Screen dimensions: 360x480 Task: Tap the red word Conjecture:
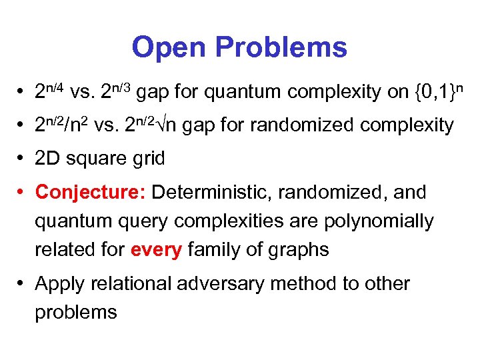tap(91, 193)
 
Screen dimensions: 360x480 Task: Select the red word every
tap(157, 250)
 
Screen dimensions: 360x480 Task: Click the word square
tap(95, 159)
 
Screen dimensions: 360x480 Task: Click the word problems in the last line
tap(76, 312)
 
